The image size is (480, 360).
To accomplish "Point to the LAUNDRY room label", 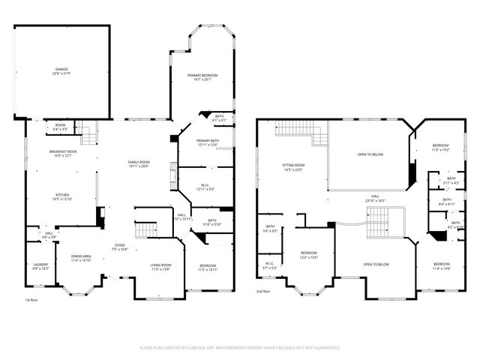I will click(40, 265).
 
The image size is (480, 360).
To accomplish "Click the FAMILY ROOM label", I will click(139, 164).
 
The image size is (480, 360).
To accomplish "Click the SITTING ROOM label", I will click(293, 166).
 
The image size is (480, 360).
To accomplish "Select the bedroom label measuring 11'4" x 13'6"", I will click(441, 265).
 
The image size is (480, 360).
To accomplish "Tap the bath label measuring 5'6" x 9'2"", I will click(270, 229).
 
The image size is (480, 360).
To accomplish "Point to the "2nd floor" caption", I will click(263, 291).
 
